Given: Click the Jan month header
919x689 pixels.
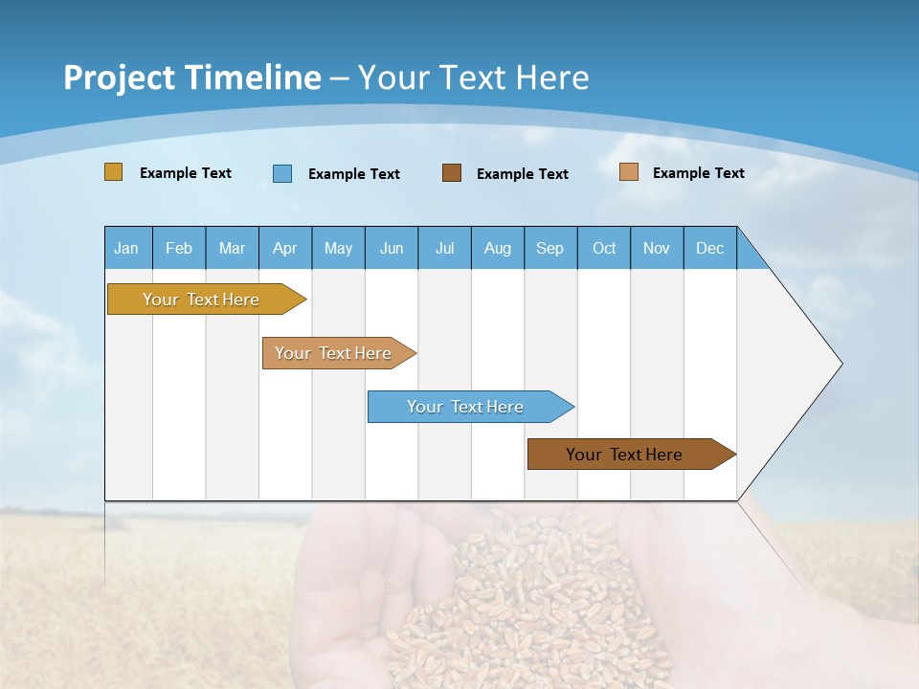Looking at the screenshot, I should click(x=127, y=248).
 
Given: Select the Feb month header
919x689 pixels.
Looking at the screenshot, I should click(x=179, y=248).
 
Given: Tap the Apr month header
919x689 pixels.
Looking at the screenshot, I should click(x=285, y=248).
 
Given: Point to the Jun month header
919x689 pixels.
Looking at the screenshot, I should click(x=392, y=248).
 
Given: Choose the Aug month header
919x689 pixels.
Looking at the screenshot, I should click(x=498, y=248).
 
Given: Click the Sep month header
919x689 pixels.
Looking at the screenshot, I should click(x=550, y=248).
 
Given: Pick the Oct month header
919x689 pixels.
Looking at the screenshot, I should click(x=604, y=248).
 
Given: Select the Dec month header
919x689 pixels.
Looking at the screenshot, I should click(x=710, y=248).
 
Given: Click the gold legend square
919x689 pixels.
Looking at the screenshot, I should click(x=114, y=172).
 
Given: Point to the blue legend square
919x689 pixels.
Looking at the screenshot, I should click(x=282, y=173).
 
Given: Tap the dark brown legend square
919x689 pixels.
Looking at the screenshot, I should click(x=452, y=173).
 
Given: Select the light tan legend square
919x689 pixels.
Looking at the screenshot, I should click(x=629, y=172).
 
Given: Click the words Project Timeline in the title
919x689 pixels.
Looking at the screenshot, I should click(x=192, y=78).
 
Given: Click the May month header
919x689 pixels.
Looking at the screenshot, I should click(x=338, y=248).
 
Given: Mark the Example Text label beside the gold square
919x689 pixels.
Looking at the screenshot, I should click(x=186, y=173).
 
